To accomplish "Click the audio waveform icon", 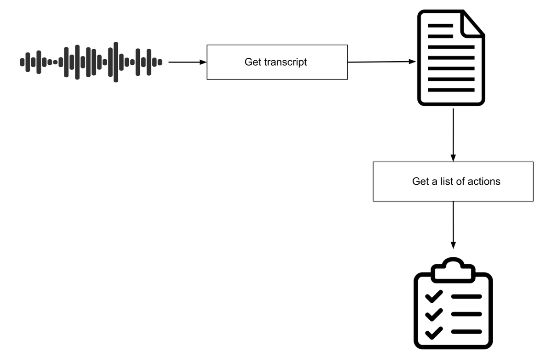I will [x=91, y=62].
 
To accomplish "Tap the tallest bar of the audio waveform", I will [x=115, y=62].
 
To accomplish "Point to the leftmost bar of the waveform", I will [x=22, y=62].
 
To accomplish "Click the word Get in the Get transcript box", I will [x=253, y=62].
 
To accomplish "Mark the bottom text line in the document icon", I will [x=451, y=90].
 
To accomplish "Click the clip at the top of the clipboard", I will [x=453, y=270].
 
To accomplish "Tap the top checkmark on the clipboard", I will [x=433, y=296].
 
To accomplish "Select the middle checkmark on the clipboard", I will [x=433, y=314].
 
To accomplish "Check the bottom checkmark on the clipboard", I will [x=433, y=332].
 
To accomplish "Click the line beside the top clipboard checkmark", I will [x=466, y=297].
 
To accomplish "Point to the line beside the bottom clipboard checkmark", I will [x=466, y=332].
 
